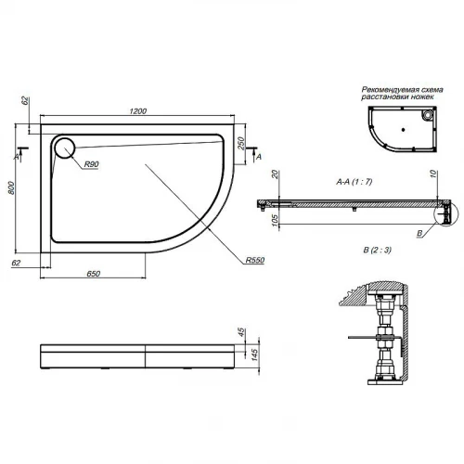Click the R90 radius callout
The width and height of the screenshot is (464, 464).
pos(91,164)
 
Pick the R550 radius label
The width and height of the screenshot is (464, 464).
pos(256,260)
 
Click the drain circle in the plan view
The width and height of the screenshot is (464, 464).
pos(67,148)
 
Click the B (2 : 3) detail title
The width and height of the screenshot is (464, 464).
pos(354,251)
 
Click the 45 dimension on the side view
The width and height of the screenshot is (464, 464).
pos(241,332)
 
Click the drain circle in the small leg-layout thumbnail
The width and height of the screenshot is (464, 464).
pos(426,116)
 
